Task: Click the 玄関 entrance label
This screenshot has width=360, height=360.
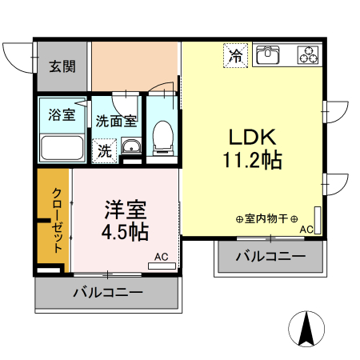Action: click(62, 66)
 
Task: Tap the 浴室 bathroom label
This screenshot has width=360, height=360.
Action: click(62, 114)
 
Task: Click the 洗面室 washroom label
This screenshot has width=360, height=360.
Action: click(117, 122)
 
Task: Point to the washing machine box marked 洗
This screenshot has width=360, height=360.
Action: click(106, 150)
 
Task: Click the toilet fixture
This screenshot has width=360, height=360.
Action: click(163, 138)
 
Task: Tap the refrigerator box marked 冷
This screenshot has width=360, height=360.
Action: click(235, 56)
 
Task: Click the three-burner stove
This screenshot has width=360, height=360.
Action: click(308, 55)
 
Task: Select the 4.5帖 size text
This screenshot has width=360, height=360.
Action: click(124, 233)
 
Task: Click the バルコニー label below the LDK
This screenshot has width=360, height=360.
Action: click(270, 256)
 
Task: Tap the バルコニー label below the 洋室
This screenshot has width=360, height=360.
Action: click(108, 293)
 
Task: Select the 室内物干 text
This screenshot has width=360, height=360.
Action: click(266, 218)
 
